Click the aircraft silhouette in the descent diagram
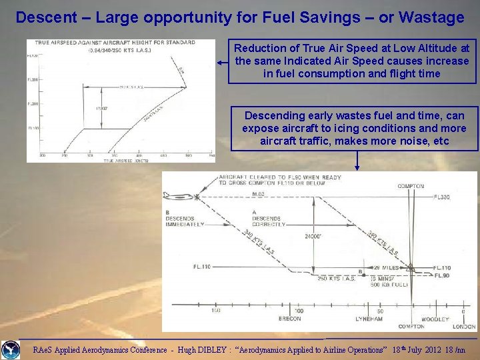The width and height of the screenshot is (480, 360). point(179,195)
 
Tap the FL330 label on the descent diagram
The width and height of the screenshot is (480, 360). point(442,197)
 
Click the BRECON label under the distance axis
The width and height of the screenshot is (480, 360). point(290,319)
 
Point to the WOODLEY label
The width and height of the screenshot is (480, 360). point(435,319)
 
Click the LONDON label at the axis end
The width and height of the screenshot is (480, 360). point(463,327)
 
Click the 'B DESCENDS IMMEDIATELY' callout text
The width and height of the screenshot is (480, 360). point(184,219)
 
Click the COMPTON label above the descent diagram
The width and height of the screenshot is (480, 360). point(411,186)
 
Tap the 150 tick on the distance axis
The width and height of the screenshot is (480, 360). point(216,311)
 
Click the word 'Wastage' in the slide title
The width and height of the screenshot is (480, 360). point(432,17)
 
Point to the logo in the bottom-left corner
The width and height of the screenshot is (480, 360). point(10,349)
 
